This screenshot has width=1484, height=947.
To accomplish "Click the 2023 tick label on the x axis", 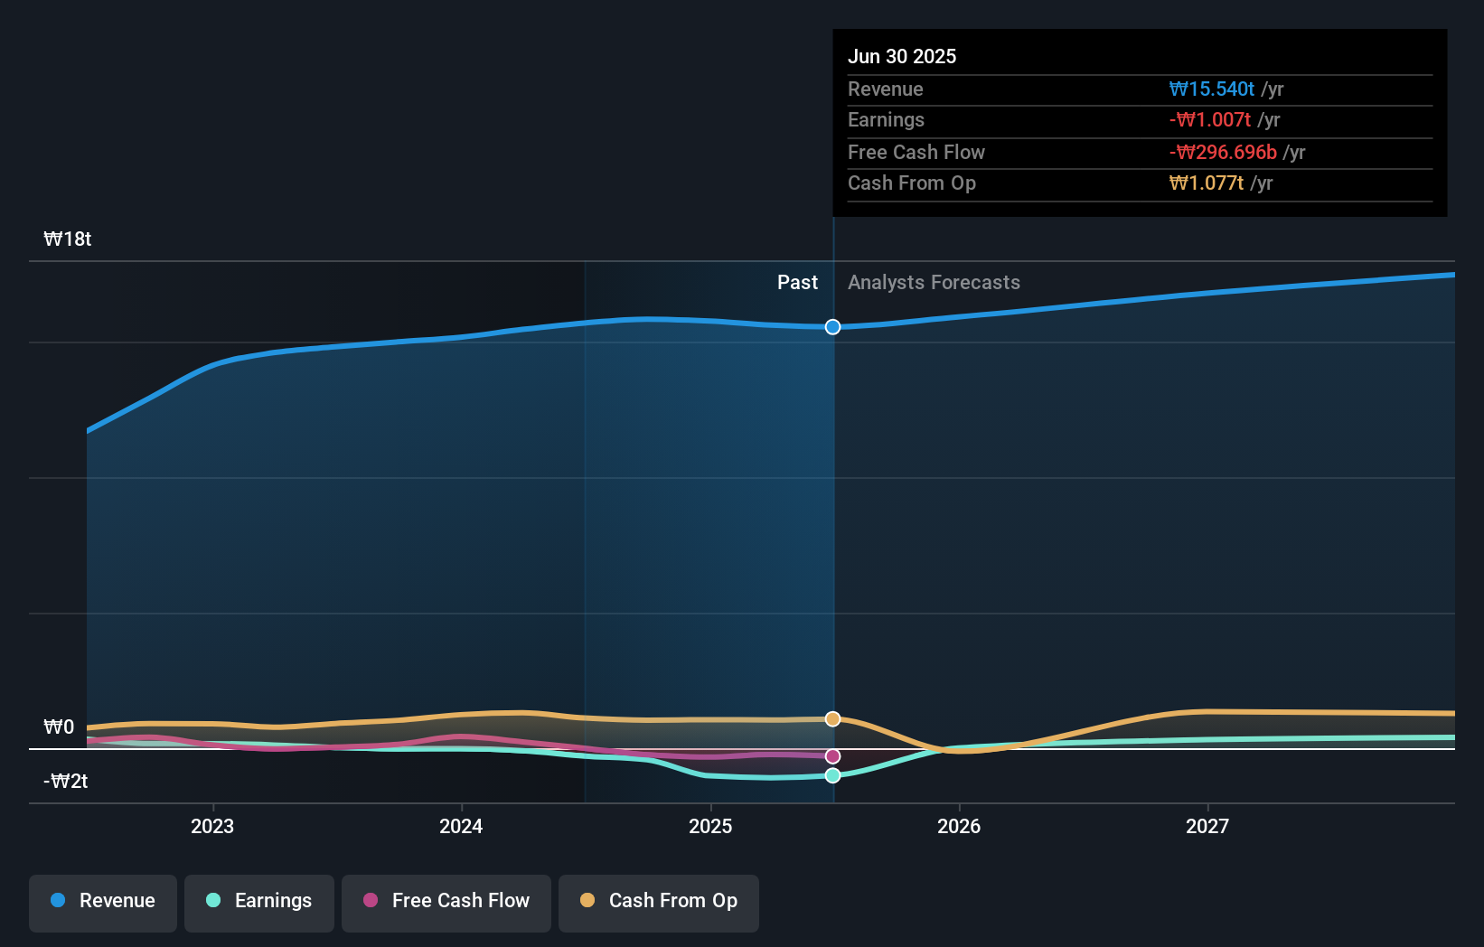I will [x=212, y=826].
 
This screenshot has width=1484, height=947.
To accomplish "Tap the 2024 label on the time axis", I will [x=461, y=826].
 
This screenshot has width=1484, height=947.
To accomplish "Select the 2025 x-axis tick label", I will [x=710, y=826].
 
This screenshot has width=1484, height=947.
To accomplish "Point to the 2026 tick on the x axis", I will [x=959, y=826].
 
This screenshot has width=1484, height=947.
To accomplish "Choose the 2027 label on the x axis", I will [x=1207, y=826].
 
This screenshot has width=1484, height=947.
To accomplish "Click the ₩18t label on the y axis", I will [x=68, y=239].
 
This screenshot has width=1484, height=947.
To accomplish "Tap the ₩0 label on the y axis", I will [x=59, y=727].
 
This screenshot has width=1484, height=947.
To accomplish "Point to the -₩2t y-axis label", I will [x=66, y=781].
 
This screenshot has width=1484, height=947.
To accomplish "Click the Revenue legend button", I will [x=103, y=901].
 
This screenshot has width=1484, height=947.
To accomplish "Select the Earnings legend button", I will [x=259, y=901].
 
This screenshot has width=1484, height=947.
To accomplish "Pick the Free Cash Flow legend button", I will [x=446, y=901].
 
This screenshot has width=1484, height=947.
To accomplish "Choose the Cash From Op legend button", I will [x=659, y=901].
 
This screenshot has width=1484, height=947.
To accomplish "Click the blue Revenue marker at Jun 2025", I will [x=833, y=327].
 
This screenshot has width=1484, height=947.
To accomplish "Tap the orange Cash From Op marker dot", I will [x=833, y=719].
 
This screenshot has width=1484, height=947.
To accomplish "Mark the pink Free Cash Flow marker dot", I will [x=833, y=756].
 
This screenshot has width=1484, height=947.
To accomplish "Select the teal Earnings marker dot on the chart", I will [x=833, y=775].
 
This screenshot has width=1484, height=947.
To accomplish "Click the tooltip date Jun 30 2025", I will [x=902, y=56].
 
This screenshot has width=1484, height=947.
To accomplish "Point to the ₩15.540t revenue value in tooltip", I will [x=1211, y=89].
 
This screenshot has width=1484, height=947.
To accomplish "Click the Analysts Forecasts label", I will [x=934, y=282].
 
